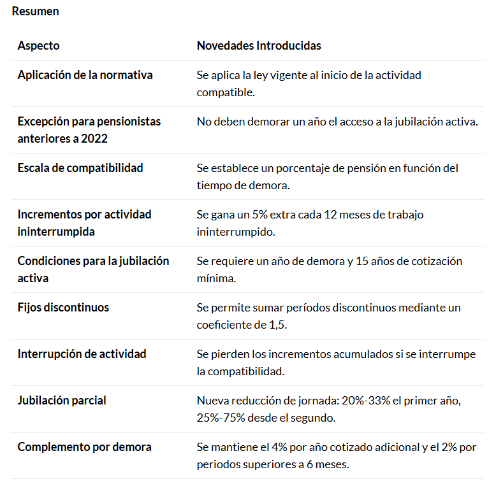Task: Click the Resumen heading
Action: (x=35, y=11)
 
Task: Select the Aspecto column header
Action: (x=38, y=46)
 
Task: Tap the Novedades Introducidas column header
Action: (x=259, y=46)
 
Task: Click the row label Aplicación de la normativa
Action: (x=85, y=75)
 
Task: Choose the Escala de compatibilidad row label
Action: (x=80, y=168)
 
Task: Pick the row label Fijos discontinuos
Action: (x=63, y=308)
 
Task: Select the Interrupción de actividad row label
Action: (x=82, y=354)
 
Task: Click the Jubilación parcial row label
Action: (x=62, y=401)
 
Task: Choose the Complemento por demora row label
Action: (x=84, y=447)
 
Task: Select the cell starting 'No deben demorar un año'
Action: (x=337, y=122)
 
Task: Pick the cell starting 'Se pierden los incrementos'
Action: (x=336, y=362)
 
